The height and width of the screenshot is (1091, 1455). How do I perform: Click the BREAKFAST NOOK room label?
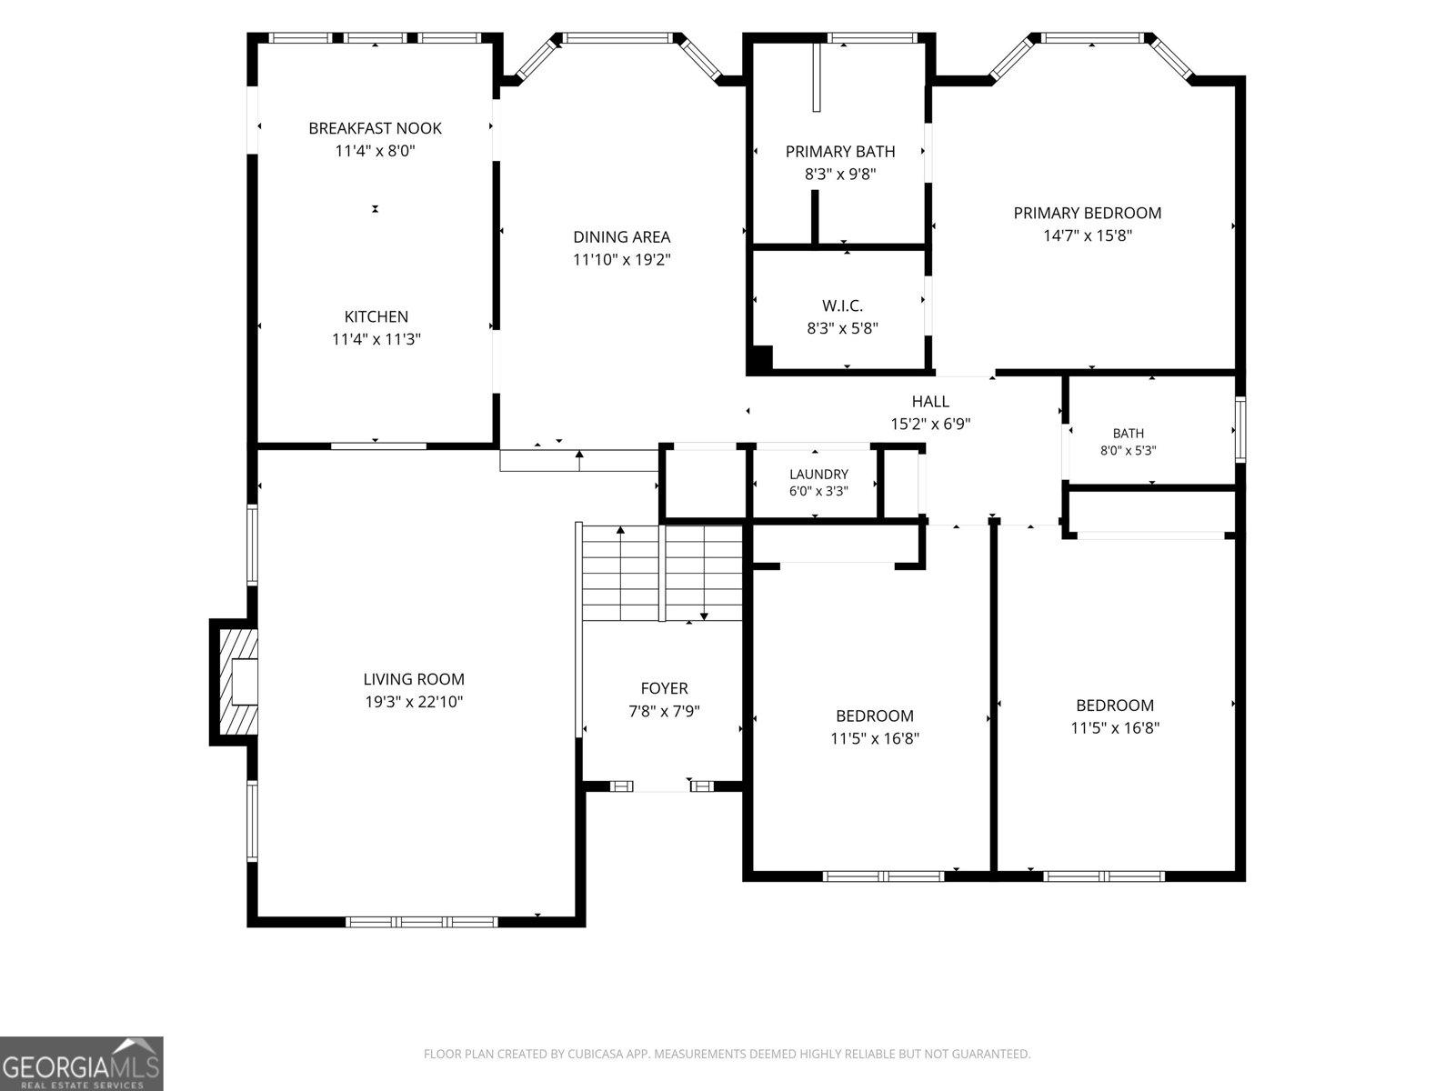376,128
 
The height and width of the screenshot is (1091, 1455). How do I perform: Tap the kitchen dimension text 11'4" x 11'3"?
376,339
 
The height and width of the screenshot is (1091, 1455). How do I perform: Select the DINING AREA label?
622,236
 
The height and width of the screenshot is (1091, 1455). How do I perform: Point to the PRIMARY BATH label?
840,152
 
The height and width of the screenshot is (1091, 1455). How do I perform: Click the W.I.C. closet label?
842,305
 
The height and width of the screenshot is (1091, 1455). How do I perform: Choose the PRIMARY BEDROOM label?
1088,213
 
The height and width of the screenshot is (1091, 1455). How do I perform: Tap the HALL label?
930,401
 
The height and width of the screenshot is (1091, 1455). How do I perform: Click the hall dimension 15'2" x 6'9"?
930,424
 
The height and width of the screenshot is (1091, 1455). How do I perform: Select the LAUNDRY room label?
818,475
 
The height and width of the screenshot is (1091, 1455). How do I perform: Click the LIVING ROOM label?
414,679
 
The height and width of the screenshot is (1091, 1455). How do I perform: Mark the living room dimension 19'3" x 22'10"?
414,702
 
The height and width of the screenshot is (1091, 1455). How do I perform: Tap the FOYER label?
664,688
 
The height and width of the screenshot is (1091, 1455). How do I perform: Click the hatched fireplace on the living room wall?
234,682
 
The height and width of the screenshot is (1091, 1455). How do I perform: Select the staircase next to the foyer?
661,573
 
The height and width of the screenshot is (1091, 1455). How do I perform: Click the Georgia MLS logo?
82,1063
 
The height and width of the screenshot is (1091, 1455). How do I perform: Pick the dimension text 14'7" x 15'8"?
1088,235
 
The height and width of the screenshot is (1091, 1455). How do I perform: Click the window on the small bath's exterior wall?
1240,429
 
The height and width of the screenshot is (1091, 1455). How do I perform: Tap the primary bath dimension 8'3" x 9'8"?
840,175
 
